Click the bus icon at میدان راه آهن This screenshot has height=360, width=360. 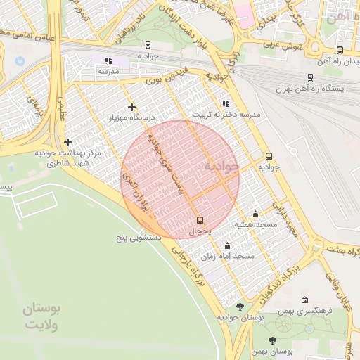coord(340,50)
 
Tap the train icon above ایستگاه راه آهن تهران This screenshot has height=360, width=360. coord(310,78)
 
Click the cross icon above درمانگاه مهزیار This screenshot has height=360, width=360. coord(131,107)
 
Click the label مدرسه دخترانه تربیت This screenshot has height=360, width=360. coord(226,114)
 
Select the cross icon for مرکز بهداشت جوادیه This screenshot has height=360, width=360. coord(67,142)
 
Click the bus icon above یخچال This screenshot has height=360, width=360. coord(200,220)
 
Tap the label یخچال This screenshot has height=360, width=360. coord(200,231)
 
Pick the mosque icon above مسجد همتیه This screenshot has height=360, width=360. coord(255,214)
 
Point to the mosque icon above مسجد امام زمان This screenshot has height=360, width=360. coord(227,246)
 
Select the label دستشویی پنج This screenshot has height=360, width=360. coord(140,238)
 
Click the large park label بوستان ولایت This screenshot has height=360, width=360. coord(42,317)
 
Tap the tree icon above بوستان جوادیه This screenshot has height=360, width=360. coord(240,307)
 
